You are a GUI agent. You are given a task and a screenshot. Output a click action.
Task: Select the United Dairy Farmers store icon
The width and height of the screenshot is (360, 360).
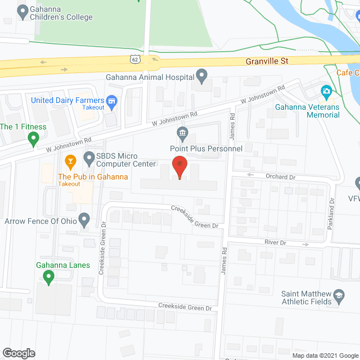pyautogui.click(x=112, y=101)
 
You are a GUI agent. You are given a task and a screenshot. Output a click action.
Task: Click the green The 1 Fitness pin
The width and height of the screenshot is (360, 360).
pyautogui.click(x=34, y=137)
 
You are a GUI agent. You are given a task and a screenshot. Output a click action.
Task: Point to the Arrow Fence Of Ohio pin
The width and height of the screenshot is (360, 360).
pyautogui.click(x=84, y=219)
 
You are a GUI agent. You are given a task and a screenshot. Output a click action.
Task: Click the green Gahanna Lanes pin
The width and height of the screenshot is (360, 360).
pyautogui.click(x=48, y=276)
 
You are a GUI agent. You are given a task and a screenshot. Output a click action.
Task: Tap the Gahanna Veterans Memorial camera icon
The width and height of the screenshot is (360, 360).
pyautogui.click(x=326, y=92)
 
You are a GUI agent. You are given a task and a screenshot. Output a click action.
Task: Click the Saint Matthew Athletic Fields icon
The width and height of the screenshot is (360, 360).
pyautogui.click(x=339, y=294)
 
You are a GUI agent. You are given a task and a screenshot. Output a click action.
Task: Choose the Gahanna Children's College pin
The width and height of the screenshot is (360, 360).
pyautogui.click(x=22, y=10)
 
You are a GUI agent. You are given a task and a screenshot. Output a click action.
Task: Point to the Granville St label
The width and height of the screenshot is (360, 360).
pyautogui.click(x=266, y=60)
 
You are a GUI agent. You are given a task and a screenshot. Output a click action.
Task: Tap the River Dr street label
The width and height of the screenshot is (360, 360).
pyautogui.click(x=275, y=243)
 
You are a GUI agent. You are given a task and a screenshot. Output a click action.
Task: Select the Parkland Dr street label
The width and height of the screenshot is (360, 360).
pyautogui.click(x=332, y=215)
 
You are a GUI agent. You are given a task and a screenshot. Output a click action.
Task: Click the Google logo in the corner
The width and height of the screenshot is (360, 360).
pyautogui.click(x=19, y=353)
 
